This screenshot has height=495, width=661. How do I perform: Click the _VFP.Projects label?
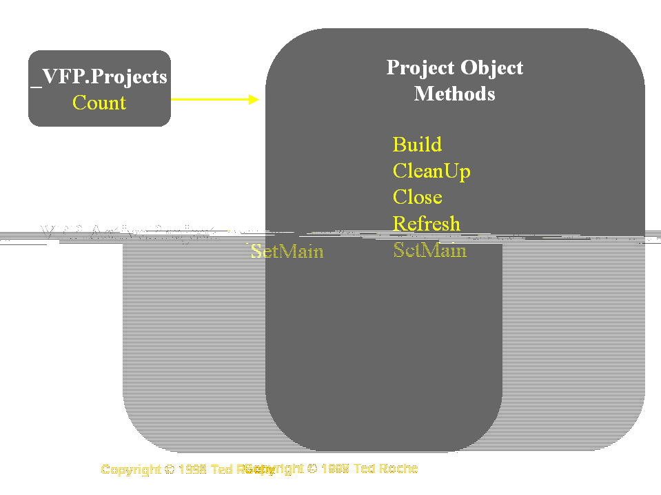pyautogui.click(x=99, y=76)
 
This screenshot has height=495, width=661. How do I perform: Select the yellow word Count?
pyautogui.click(x=99, y=103)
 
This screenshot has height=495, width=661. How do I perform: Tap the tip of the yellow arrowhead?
pyautogui.click(x=258, y=99)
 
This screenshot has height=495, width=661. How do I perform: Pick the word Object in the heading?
pyautogui.click(x=491, y=67)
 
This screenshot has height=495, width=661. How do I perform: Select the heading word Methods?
pyautogui.click(x=454, y=93)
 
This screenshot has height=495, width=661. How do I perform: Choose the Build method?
pyautogui.click(x=417, y=145)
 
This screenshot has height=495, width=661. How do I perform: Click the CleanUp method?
pyautogui.click(x=431, y=171)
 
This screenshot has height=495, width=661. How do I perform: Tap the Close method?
pyautogui.click(x=417, y=197)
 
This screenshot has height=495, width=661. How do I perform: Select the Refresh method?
pyautogui.click(x=426, y=224)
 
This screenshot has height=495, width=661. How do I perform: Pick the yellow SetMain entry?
pyautogui.click(x=429, y=251)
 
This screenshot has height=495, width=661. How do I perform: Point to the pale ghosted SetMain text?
pyautogui.click(x=287, y=251)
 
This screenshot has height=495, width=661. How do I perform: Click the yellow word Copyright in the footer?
pyautogui.click(x=274, y=468)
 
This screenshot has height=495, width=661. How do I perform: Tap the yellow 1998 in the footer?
pyautogui.click(x=335, y=468)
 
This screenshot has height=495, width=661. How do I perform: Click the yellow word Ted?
pyautogui.click(x=364, y=468)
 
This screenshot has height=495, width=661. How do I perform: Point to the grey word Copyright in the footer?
pyautogui.click(x=131, y=470)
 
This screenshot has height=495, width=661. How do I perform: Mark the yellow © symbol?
pyautogui.click(x=312, y=468)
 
